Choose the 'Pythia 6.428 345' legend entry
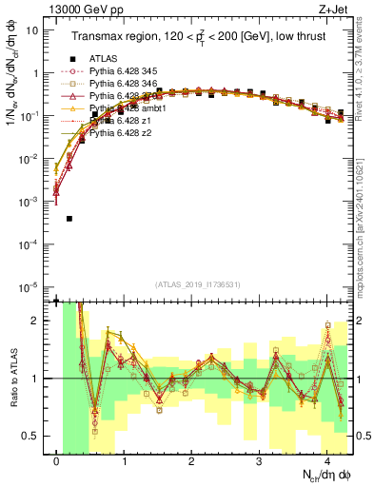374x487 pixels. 128,71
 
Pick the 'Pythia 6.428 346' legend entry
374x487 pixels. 128,84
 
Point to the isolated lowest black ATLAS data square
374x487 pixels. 69,219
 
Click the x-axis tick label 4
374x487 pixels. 326,460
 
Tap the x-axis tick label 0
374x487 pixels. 57,460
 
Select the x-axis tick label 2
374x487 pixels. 191,460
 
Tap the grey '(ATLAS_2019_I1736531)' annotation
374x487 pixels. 199,284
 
